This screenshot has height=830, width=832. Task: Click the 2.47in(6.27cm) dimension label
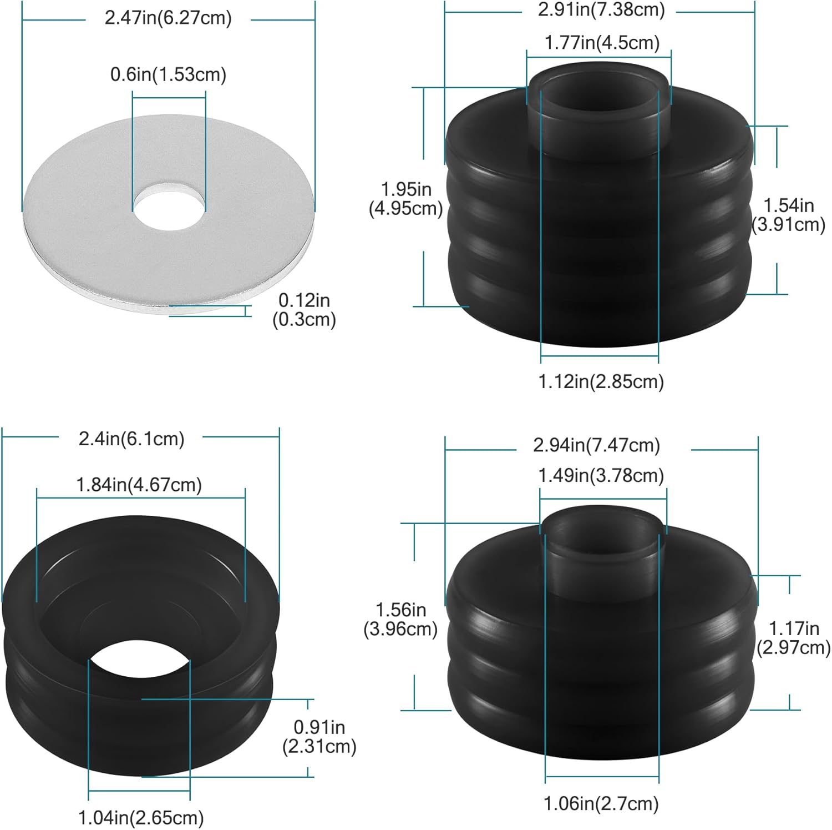point(168,18)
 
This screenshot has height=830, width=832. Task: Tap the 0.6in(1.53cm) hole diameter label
point(168,74)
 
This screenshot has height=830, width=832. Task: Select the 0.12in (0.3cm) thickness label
point(304,310)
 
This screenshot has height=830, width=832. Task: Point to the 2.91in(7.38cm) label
point(601,9)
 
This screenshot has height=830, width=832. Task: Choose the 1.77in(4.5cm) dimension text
point(602,43)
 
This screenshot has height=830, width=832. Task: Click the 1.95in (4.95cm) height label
point(406,199)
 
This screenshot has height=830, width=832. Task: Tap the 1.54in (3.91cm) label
point(788,215)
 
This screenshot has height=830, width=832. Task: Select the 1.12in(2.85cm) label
point(601,381)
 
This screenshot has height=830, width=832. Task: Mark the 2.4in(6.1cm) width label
point(131,439)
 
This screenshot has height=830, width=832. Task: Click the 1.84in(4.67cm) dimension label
point(139,485)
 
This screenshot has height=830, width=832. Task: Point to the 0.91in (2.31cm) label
point(319,737)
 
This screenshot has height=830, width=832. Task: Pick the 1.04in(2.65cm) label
point(141,817)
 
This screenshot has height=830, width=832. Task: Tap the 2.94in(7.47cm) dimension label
point(597,445)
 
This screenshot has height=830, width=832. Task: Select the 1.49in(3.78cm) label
point(601,475)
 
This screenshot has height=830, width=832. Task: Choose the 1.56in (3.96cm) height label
point(400,620)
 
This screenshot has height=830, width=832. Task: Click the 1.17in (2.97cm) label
point(793,638)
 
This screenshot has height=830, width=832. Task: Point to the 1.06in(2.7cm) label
point(601,803)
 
